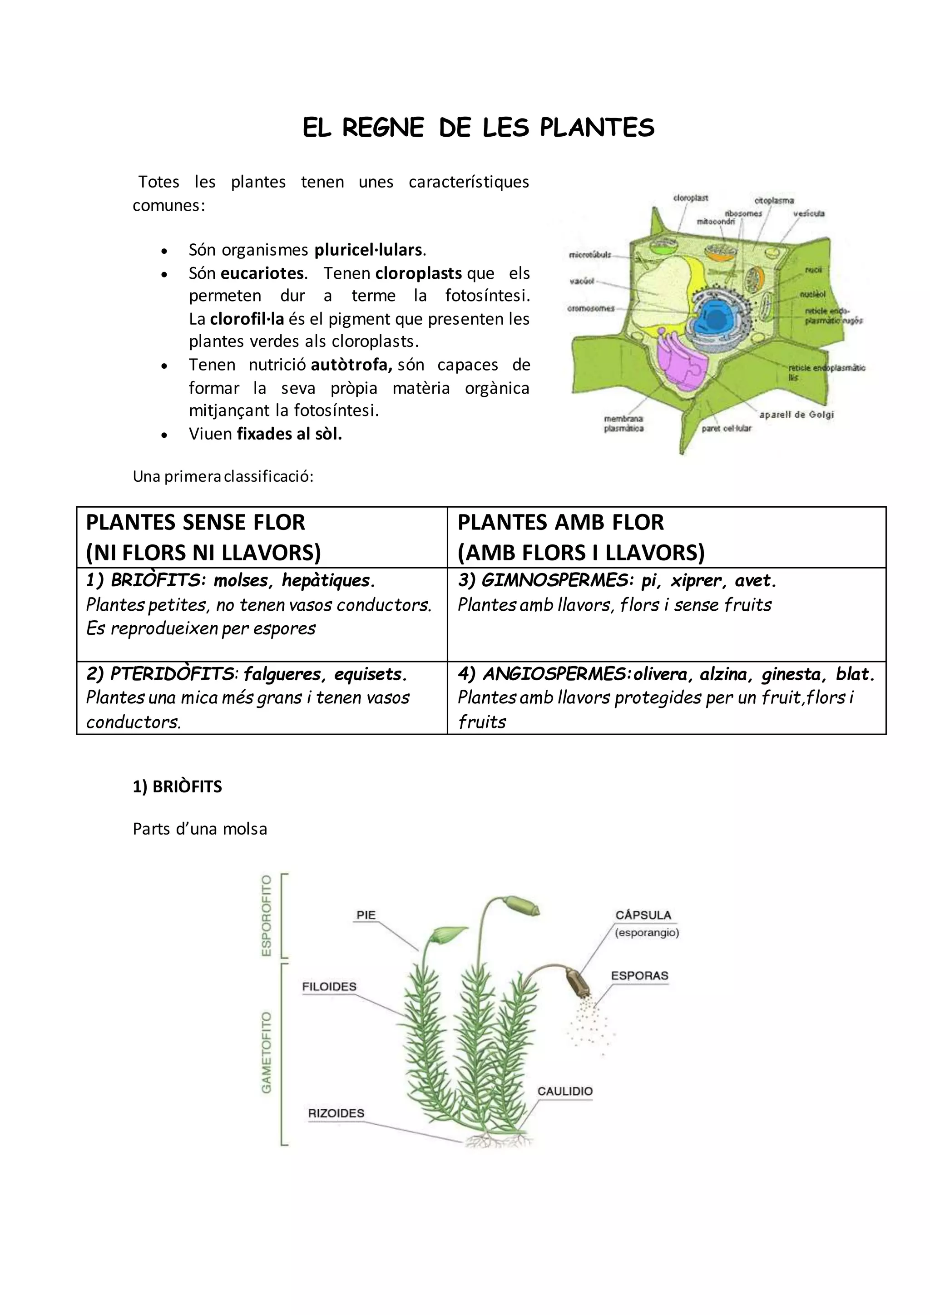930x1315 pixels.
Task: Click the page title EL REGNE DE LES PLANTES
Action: click(x=478, y=128)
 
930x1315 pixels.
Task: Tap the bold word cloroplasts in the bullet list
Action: click(x=418, y=273)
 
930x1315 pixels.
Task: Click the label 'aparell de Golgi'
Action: click(x=796, y=414)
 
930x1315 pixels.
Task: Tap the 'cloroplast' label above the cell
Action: click(x=691, y=198)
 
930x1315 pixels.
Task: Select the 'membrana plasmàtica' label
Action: click(x=623, y=424)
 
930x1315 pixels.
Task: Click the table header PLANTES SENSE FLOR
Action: click(x=195, y=522)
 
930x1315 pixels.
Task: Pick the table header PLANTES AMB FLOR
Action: click(x=561, y=522)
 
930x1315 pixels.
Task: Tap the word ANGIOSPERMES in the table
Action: click(x=557, y=674)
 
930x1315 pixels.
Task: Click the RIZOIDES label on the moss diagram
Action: click(x=336, y=1113)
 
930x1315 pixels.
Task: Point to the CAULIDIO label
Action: click(x=564, y=1091)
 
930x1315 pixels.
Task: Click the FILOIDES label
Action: click(x=329, y=986)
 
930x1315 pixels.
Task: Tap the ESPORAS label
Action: click(x=639, y=975)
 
